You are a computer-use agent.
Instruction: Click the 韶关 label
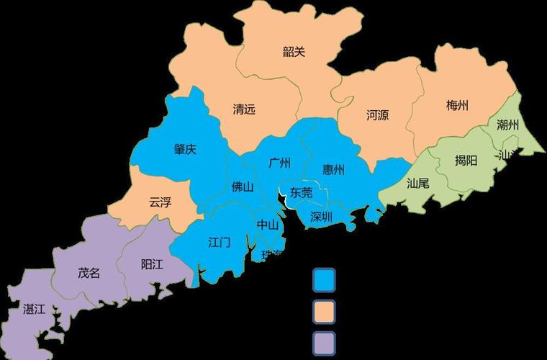pos(294,52)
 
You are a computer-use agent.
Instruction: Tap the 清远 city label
pos(244,110)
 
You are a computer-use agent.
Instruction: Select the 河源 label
pos(377,114)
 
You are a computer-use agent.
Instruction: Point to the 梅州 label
pos(457,106)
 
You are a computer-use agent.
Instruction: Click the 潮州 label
pos(507,125)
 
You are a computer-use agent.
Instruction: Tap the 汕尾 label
pos(417,183)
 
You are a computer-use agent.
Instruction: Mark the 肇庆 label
pos(185,150)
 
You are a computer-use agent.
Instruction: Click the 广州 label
pos(279,163)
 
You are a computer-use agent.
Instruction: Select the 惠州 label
pos(333,170)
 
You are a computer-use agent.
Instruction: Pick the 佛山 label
pos(243,187)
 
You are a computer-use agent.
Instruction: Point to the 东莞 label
pos(301,192)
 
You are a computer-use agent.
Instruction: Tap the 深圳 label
pos(321,216)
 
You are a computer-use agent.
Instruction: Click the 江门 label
pos(219,242)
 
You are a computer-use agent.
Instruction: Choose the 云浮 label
pos(160,202)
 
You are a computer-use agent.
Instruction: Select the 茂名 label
pos(89,273)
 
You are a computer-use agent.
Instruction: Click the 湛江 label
pos(34,310)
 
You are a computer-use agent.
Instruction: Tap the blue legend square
pos(324,278)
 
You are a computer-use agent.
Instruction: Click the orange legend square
pos(324,311)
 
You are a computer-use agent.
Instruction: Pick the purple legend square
pos(324,343)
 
